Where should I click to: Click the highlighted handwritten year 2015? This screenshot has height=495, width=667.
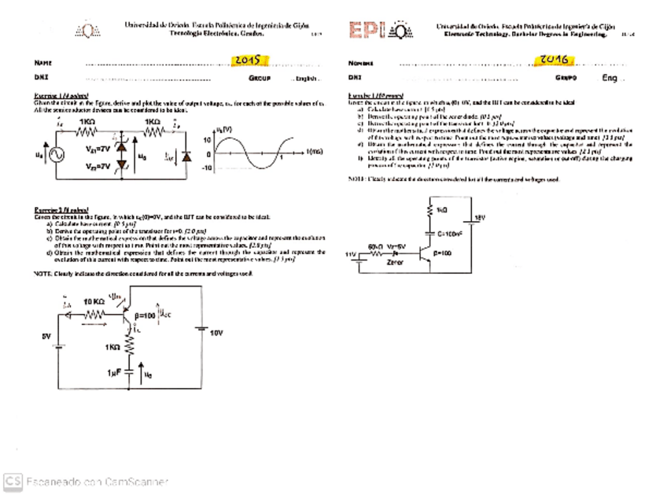point(251,60)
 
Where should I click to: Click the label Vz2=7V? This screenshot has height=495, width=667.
point(98,166)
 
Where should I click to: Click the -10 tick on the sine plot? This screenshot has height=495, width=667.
point(208,169)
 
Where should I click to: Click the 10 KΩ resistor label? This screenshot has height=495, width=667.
point(95,301)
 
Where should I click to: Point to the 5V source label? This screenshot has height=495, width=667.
point(46,336)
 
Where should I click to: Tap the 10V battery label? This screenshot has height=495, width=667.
point(216,333)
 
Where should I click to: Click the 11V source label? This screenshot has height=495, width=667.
point(352,253)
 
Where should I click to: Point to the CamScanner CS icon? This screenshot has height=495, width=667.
point(13,480)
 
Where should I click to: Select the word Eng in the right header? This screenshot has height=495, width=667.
point(610,78)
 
